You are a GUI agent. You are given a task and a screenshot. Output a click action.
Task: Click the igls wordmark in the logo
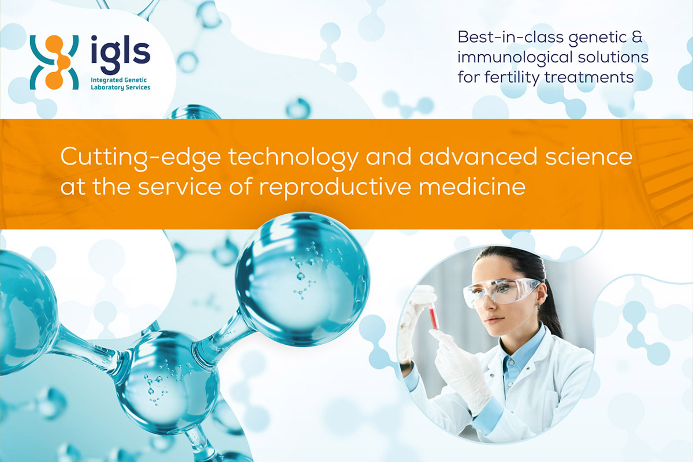[121, 54]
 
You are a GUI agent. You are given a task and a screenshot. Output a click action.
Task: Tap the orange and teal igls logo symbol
[54, 62]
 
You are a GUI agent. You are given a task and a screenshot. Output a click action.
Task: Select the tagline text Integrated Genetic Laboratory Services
[120, 84]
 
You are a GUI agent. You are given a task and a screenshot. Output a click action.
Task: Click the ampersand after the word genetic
[636, 37]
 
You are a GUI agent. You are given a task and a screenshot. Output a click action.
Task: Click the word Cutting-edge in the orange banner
[140, 158]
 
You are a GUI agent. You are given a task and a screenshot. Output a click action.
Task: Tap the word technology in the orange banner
[293, 158]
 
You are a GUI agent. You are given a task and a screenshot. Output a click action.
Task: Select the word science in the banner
[588, 157]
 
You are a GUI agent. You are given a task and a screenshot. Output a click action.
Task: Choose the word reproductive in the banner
[335, 187]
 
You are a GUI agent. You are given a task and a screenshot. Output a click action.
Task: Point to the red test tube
[433, 316]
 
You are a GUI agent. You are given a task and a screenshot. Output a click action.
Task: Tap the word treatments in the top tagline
[589, 77]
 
